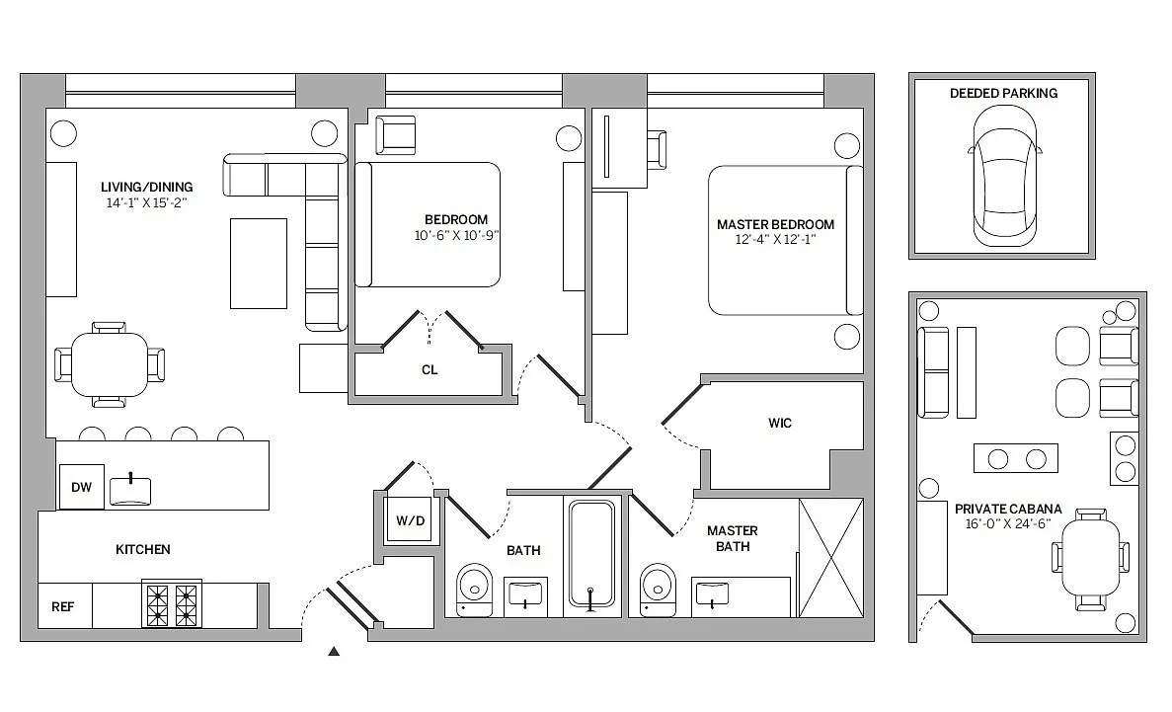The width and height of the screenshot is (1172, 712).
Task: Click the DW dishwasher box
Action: click(x=82, y=487)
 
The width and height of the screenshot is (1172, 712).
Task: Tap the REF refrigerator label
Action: click(x=63, y=606)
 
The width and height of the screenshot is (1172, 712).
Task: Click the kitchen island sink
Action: click(x=130, y=491)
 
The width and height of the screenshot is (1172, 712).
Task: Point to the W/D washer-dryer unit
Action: click(x=411, y=519)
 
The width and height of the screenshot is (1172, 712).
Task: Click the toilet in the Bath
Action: click(x=474, y=591)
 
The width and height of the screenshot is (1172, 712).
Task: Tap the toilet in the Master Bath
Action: click(x=658, y=591)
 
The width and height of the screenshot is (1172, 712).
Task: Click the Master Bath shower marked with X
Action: click(x=831, y=558)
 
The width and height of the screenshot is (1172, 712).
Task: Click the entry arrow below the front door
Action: click(x=334, y=652)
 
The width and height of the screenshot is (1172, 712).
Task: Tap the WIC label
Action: click(x=780, y=423)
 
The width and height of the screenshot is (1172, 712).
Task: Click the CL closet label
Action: click(x=430, y=369)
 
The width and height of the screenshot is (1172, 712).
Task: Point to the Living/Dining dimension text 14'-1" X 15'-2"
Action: click(x=146, y=202)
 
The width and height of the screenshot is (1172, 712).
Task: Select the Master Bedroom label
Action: click(x=775, y=224)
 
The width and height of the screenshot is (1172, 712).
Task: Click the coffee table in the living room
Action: click(x=259, y=264)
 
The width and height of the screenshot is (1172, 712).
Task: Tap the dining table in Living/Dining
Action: click(x=110, y=365)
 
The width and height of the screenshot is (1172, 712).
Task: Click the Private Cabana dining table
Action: click(x=1091, y=558)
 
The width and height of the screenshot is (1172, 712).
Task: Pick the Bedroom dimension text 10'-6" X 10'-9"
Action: click(x=457, y=236)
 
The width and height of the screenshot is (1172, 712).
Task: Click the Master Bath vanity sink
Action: click(x=712, y=593)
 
